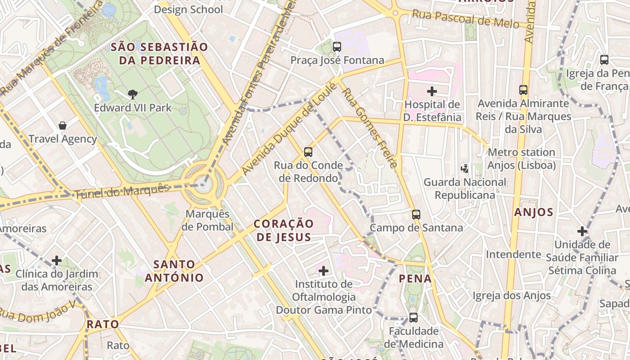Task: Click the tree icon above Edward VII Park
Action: pyautogui.click(x=132, y=94)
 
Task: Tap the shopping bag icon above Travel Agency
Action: pyautogui.click(x=63, y=126)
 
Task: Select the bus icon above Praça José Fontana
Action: pyautogui.click(x=337, y=46)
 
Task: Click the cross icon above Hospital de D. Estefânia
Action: pyautogui.click(x=432, y=91)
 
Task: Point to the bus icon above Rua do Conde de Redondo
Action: pyautogui.click(x=308, y=152)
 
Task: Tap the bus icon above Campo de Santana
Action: pyautogui.click(x=416, y=214)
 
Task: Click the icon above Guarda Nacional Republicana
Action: pyautogui.click(x=465, y=169)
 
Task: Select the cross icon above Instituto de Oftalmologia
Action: pyautogui.click(x=323, y=270)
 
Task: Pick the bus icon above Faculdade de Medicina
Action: pyautogui.click(x=413, y=317)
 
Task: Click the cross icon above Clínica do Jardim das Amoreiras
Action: pyautogui.click(x=57, y=260)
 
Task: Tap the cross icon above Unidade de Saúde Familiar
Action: pyautogui.click(x=582, y=231)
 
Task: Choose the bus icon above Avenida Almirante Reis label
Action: pyautogui.click(x=523, y=90)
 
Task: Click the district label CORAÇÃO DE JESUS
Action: pyautogui.click(x=283, y=230)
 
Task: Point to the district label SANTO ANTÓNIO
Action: pyautogui.click(x=174, y=271)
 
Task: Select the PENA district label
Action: pyautogui.click(x=415, y=279)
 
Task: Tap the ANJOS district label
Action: pyautogui.click(x=533, y=212)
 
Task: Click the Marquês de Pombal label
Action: pyautogui.click(x=207, y=220)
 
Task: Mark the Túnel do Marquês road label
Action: pyautogui.click(x=122, y=191)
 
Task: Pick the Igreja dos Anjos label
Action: pyautogui.click(x=512, y=296)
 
